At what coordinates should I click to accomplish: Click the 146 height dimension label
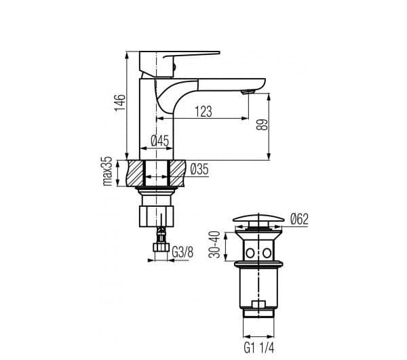[x=120, y=102]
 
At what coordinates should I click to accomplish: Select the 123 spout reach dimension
[x=203, y=111]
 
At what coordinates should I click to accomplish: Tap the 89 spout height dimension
[x=262, y=125]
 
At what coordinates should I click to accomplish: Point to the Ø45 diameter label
[x=159, y=141]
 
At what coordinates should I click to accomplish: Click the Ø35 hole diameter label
[x=199, y=169]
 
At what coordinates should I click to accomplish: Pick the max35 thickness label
[x=107, y=171]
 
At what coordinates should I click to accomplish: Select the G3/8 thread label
[x=182, y=252]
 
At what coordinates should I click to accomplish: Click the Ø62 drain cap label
[x=299, y=219]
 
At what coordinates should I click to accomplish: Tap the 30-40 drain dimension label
[x=214, y=245]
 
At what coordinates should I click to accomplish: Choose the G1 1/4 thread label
[x=259, y=348]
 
